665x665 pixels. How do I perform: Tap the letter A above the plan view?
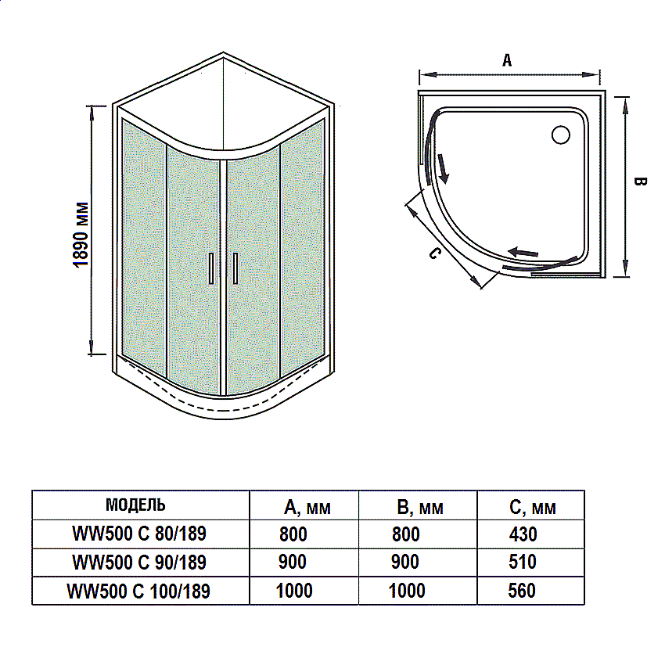[507, 60]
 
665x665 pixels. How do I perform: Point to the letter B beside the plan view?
[639, 182]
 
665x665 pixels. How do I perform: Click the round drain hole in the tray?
[560, 135]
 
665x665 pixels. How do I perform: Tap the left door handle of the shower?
[210, 268]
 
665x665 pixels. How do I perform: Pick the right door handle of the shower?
[234, 268]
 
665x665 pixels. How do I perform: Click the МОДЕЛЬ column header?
[135, 504]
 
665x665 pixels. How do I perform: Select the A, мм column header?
[307, 508]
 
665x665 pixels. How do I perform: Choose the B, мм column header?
[419, 508]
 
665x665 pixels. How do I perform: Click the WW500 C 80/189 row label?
[139, 534]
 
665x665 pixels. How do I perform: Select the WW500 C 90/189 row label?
[139, 562]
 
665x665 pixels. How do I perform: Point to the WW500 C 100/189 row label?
[139, 591]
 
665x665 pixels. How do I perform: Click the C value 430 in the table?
[523, 534]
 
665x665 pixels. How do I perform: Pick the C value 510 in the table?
[523, 562]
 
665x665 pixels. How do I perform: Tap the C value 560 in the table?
[523, 590]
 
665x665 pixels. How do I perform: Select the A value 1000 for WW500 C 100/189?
[294, 590]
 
